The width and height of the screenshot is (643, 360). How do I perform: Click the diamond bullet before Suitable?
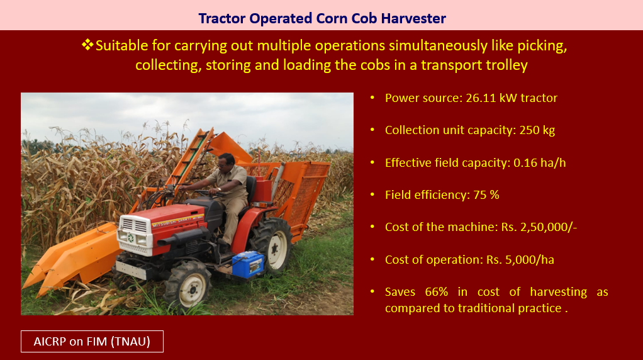click(x=87, y=45)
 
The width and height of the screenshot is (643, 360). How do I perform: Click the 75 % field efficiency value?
click(x=486, y=194)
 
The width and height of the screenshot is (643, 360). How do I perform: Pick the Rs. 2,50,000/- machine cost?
click(x=539, y=227)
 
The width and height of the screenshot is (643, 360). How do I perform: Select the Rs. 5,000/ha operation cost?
click(x=520, y=259)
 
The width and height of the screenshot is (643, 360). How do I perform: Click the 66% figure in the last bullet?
click(x=437, y=292)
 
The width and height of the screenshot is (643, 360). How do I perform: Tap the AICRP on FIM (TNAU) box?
click(x=92, y=342)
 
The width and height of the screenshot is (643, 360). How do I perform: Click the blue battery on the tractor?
click(x=248, y=264)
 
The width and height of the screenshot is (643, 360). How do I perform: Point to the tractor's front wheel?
click(x=188, y=284)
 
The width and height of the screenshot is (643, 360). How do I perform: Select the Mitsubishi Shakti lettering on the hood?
click(x=177, y=222)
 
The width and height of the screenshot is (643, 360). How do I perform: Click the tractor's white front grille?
click(x=134, y=226)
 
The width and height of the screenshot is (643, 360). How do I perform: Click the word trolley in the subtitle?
click(x=507, y=65)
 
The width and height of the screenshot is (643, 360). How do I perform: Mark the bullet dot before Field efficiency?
click(x=372, y=194)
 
